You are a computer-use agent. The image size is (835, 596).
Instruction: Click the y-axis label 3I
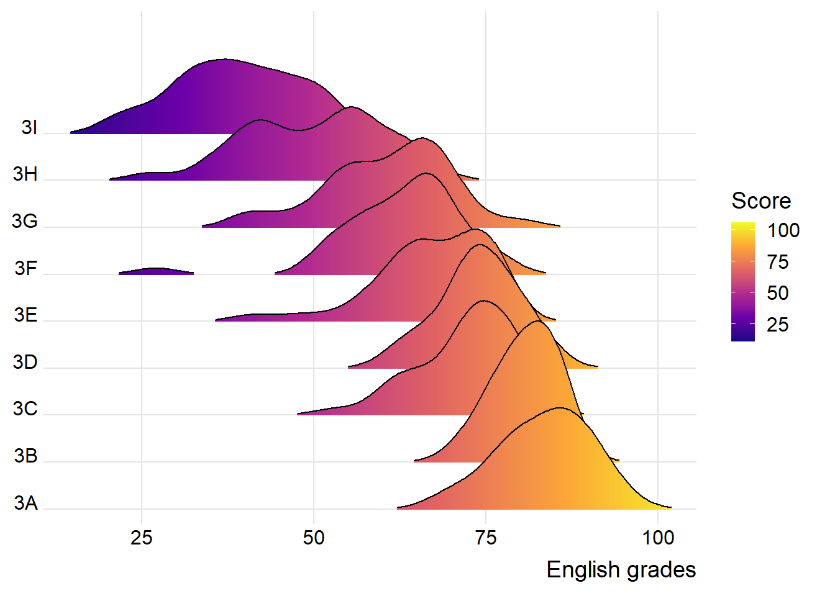[x=29, y=127]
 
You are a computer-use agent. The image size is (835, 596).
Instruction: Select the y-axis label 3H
[x=25, y=174]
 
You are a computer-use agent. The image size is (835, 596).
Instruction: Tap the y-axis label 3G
[x=25, y=221]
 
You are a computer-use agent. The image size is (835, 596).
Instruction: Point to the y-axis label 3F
[x=26, y=268]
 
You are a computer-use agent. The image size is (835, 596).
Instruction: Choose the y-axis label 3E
[x=26, y=315]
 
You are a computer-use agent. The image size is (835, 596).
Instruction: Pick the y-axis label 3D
[x=25, y=362]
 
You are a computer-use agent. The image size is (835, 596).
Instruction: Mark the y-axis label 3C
[x=25, y=409]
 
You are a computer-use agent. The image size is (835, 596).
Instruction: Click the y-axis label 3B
[x=26, y=456]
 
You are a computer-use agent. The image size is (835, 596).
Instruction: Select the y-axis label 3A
[x=26, y=503]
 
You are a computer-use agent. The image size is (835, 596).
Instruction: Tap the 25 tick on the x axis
[x=142, y=538]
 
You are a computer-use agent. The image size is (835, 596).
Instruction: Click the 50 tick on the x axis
[x=314, y=538]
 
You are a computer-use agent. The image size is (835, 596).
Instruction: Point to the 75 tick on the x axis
[x=486, y=538]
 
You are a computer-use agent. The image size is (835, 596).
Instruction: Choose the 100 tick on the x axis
[x=658, y=538]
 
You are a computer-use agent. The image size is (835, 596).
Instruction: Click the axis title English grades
[x=621, y=570]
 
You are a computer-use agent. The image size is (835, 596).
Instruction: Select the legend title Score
[x=761, y=201]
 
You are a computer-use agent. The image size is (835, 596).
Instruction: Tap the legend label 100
[x=783, y=231]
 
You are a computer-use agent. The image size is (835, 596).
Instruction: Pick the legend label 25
[x=778, y=325]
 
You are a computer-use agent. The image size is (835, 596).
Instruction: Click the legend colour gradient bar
[x=743, y=282]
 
